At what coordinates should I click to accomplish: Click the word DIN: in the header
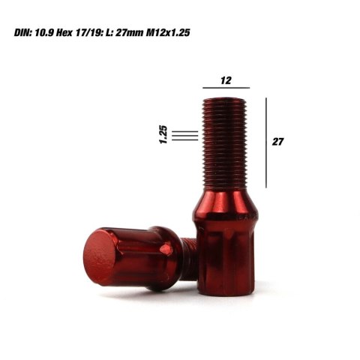[26, 34]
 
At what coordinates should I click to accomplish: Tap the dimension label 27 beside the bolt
[279, 140]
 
